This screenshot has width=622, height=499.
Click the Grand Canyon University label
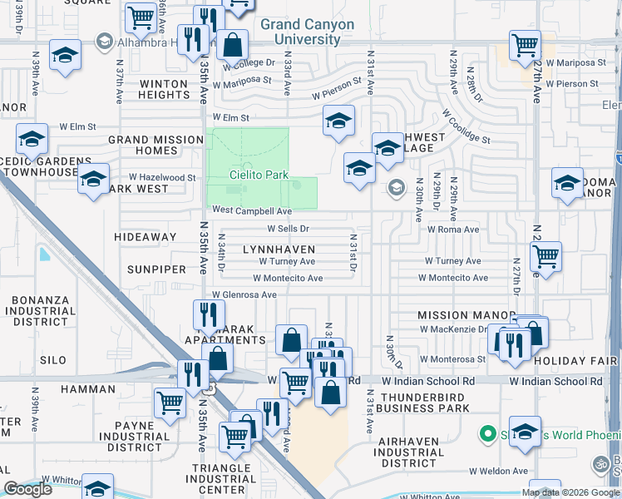tap(307, 32)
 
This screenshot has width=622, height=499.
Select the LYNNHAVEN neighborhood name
tap(279, 249)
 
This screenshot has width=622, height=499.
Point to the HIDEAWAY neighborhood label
tap(151, 237)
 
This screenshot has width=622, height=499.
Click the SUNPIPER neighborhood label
tap(151, 270)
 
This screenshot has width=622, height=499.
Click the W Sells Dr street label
tap(288, 228)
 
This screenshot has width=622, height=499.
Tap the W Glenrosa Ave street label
tap(244, 294)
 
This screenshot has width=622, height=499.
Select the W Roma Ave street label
tap(453, 230)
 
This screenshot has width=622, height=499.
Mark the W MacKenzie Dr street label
tap(452, 329)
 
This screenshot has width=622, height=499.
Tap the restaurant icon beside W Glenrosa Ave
tap(209, 314)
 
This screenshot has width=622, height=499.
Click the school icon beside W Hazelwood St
tap(93, 180)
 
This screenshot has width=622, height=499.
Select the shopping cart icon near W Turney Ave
tap(545, 258)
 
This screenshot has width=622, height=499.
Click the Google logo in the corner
tap(27, 490)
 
